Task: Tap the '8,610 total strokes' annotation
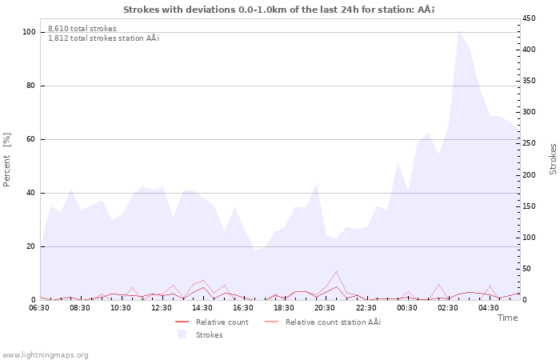(82, 29)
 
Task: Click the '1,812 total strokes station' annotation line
(103, 38)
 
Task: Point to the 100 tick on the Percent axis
(30, 32)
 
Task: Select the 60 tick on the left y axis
(31, 139)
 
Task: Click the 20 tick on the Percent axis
(31, 246)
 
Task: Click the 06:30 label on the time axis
(39, 307)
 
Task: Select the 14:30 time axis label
(203, 307)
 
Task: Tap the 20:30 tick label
(326, 307)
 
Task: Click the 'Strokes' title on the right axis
(553, 158)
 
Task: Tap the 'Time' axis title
(507, 318)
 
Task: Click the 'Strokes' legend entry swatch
(182, 334)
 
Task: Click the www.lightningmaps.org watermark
(45, 355)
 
